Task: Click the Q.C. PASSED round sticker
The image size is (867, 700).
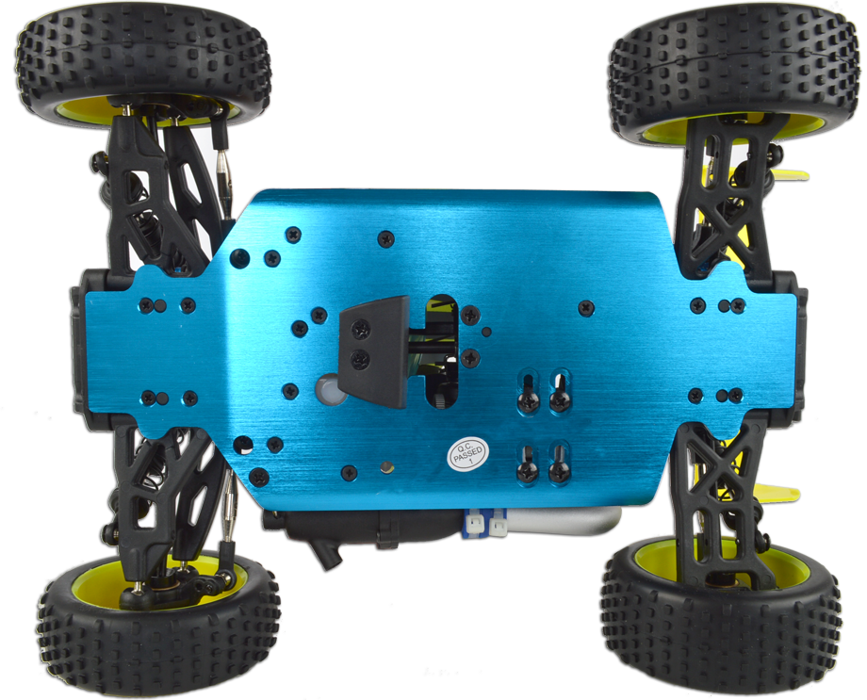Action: pos(467,454)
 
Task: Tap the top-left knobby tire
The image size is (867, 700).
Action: pos(142,63)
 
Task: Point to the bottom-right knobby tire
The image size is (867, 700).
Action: pos(721,619)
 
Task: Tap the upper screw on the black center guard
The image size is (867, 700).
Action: pos(362,330)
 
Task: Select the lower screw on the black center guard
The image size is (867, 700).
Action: pos(361,361)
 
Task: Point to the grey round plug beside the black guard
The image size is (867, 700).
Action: pos(329,389)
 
